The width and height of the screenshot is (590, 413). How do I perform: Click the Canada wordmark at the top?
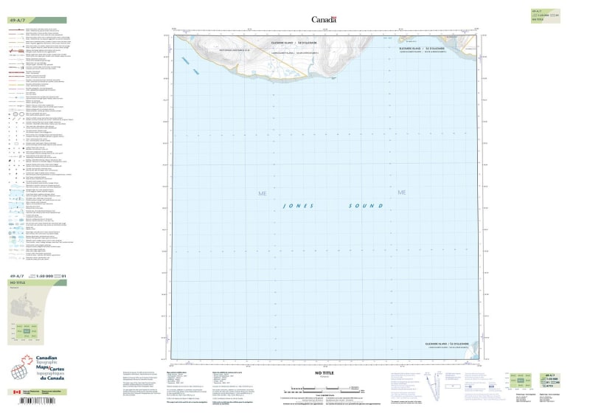[x=324, y=20]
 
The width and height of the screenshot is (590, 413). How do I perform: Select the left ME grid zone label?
[x=260, y=193]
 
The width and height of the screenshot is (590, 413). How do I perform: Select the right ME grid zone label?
[x=402, y=193]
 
